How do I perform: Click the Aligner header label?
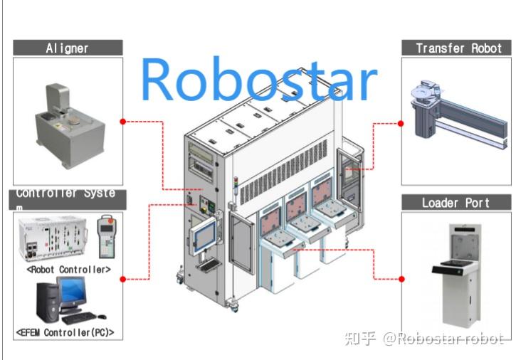pyautogui.click(x=68, y=48)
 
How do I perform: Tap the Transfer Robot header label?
pyautogui.click(x=458, y=48)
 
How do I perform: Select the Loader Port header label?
pyautogui.click(x=456, y=203)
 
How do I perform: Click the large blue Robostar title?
pyautogui.click(x=258, y=79)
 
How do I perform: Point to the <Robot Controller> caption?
pyautogui.click(x=68, y=270)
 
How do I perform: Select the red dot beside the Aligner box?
pyautogui.click(x=123, y=122)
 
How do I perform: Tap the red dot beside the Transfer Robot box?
pyautogui.click(x=401, y=123)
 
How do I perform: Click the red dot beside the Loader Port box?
pyautogui.click(x=401, y=278)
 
